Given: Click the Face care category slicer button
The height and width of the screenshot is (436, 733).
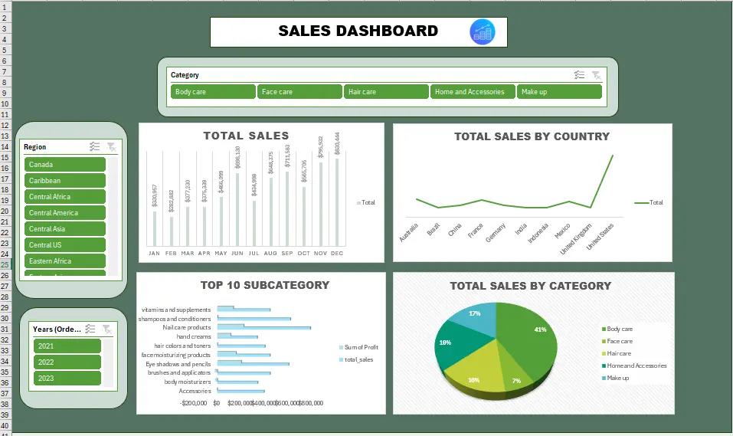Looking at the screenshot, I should click(x=299, y=92).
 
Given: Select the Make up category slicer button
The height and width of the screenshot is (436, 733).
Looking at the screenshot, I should click(x=558, y=92).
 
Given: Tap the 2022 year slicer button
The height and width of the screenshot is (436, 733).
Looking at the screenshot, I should click(x=67, y=362).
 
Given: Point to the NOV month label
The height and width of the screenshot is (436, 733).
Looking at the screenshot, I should click(x=320, y=253).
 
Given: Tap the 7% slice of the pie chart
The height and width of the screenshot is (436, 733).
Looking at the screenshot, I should click(x=516, y=381).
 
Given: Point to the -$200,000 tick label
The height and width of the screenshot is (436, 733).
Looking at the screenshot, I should click(x=194, y=403).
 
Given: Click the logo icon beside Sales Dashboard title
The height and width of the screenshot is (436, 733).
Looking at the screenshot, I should click(x=483, y=31).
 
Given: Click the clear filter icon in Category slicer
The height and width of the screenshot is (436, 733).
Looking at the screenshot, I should click(x=596, y=75).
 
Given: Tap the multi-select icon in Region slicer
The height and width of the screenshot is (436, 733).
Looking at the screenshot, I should click(x=94, y=146).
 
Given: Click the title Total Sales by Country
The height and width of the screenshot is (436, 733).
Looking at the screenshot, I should click(x=532, y=136).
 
